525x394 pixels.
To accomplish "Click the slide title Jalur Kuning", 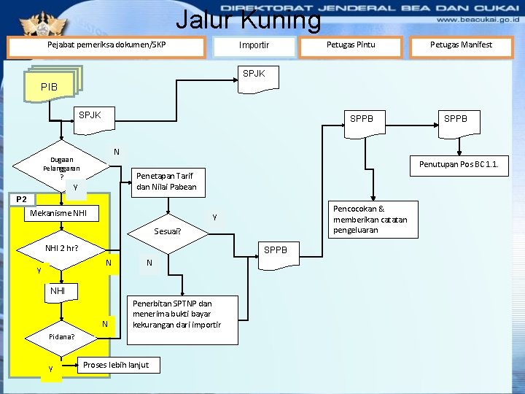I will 248,20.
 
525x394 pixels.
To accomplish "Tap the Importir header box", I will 254,46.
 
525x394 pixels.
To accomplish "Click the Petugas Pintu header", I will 351,45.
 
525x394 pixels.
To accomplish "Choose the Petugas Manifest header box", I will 461,45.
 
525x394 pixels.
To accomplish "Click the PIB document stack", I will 51,85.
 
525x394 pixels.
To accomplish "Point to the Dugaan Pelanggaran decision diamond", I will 62,169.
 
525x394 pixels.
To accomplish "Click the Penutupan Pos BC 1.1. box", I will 459,164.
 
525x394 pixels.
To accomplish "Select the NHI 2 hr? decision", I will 61,248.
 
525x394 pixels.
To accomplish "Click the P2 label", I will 21,199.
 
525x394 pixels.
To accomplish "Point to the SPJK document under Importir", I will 254,74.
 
